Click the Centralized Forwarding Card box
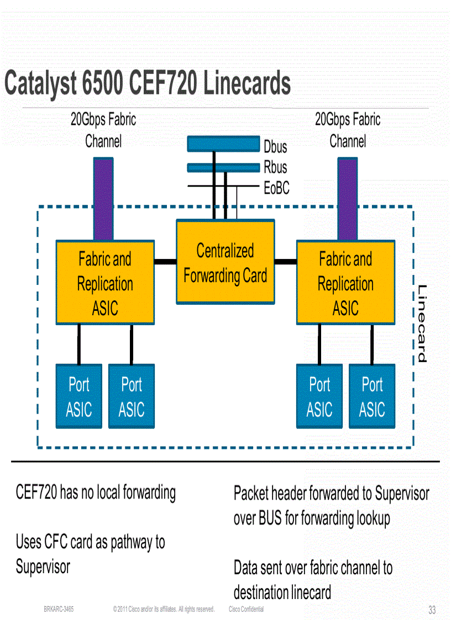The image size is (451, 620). pyautogui.click(x=225, y=262)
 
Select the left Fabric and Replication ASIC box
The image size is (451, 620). pyautogui.click(x=105, y=283)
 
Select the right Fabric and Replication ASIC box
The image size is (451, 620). pyautogui.click(x=345, y=283)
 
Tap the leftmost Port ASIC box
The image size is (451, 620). pyautogui.click(x=78, y=396)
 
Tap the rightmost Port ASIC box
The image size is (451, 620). pyautogui.click(x=372, y=396)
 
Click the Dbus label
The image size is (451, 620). pyautogui.click(x=275, y=147)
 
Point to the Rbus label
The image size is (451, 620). pyautogui.click(x=275, y=167)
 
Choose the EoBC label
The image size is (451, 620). pyautogui.click(x=276, y=188)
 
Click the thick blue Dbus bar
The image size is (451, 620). pyautogui.click(x=223, y=144)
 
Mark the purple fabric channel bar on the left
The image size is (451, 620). pyautogui.click(x=103, y=199)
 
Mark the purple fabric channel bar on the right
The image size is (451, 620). pyautogui.click(x=347, y=199)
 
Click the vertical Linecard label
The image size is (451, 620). pyautogui.click(x=422, y=324)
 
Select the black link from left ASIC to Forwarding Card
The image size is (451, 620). pyautogui.click(x=165, y=262)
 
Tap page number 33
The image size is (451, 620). pyautogui.click(x=432, y=610)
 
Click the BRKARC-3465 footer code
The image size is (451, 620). pyautogui.click(x=59, y=610)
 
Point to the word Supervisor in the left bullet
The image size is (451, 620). pyautogui.click(x=43, y=567)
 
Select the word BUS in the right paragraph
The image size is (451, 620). pyautogui.click(x=270, y=518)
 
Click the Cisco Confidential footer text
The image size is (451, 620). pyautogui.click(x=246, y=610)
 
